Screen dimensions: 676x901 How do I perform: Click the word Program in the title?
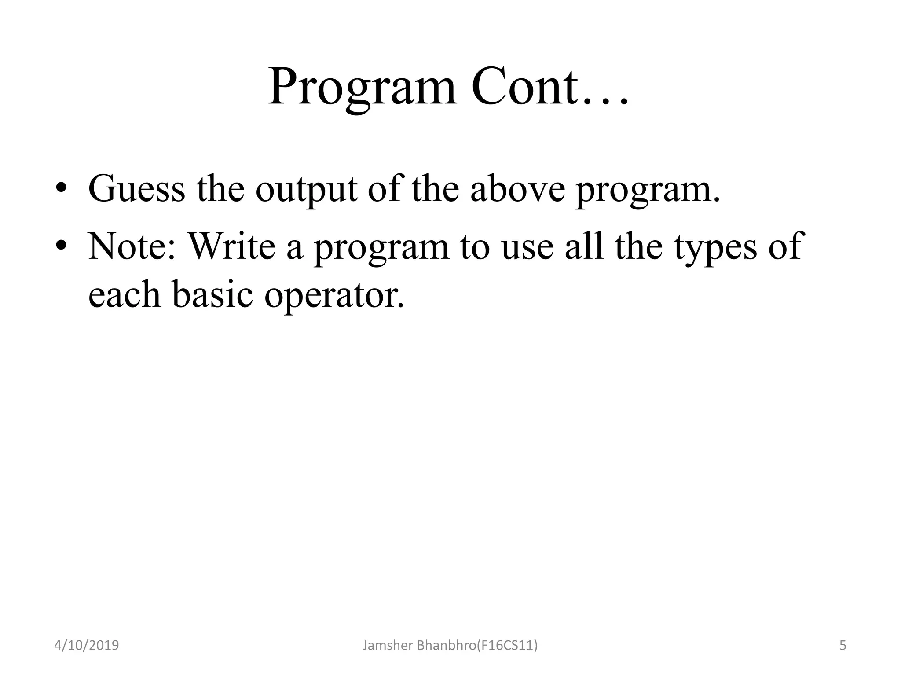[x=363, y=88]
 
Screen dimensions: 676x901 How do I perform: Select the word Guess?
[x=137, y=189]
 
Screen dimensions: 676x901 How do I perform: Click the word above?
[x=517, y=189]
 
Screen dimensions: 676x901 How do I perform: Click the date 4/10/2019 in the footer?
[x=86, y=646]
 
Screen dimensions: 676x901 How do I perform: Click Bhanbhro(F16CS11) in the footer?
[x=477, y=646]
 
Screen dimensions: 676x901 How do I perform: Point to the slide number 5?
[x=842, y=646]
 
